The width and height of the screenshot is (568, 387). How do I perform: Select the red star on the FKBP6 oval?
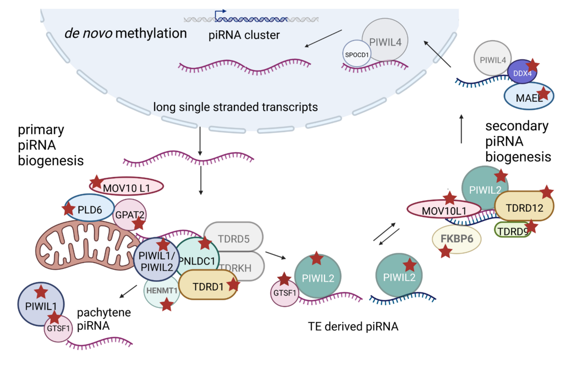445,252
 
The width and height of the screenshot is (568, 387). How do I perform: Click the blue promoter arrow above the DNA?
220,12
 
